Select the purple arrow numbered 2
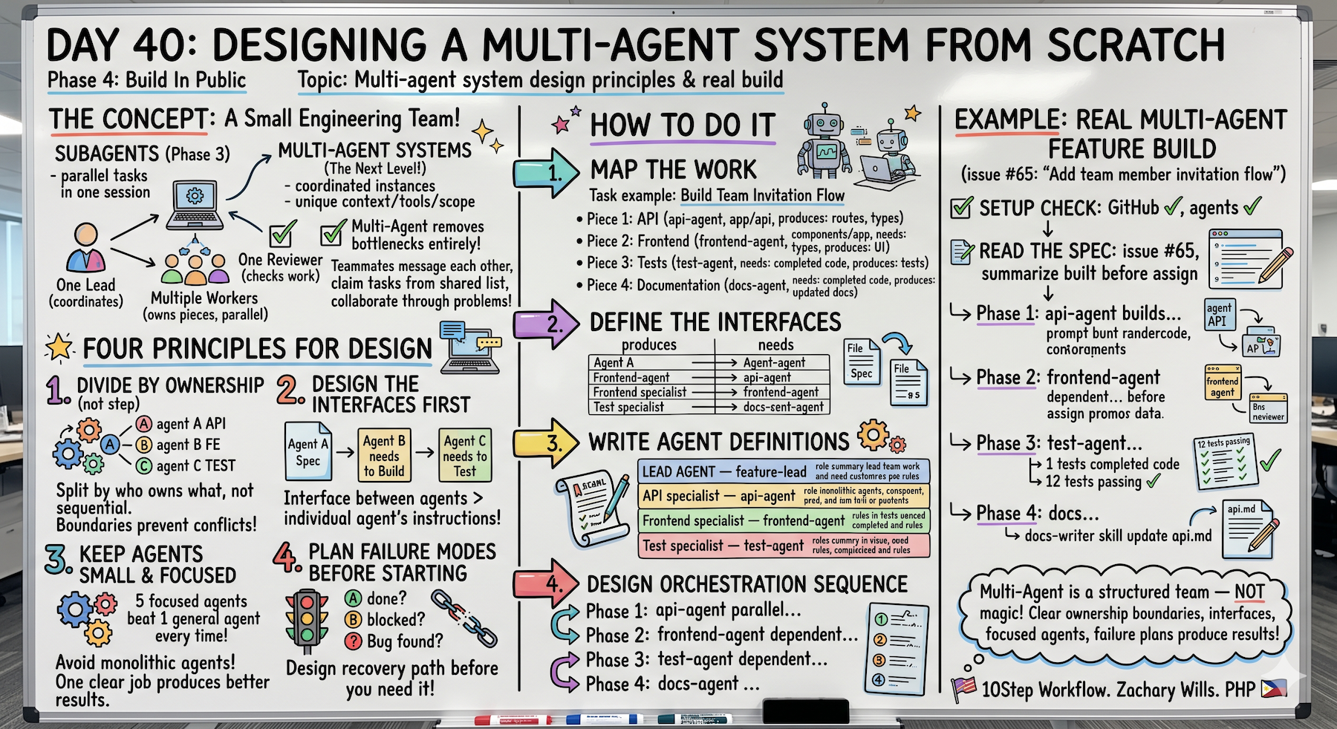(547, 324)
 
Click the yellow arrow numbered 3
(547, 443)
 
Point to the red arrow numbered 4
(547, 584)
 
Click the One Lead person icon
(86, 248)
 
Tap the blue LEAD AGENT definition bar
(784, 471)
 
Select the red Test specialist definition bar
(784, 546)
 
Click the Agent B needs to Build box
(384, 455)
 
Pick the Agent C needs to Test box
(465, 455)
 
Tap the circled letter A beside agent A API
(144, 423)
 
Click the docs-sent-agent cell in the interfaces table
(783, 407)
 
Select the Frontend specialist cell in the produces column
(640, 392)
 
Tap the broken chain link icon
(464, 618)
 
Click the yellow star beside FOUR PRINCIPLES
(59, 347)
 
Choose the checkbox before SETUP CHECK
(963, 208)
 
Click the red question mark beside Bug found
(353, 641)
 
